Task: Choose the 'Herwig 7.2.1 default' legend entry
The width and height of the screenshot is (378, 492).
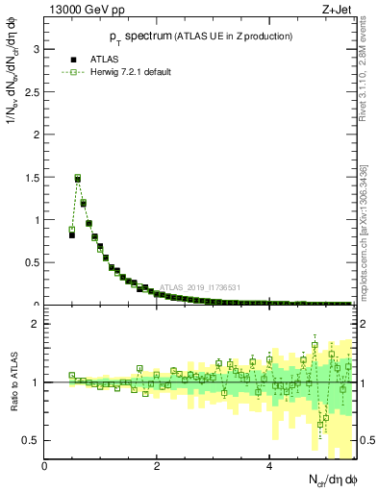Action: click(x=125, y=73)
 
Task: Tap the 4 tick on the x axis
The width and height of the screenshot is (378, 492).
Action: click(x=269, y=466)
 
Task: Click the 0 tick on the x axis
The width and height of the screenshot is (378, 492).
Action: click(x=45, y=466)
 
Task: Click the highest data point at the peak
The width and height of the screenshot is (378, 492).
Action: click(x=78, y=178)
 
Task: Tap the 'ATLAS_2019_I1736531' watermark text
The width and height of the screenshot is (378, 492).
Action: click(x=199, y=287)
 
